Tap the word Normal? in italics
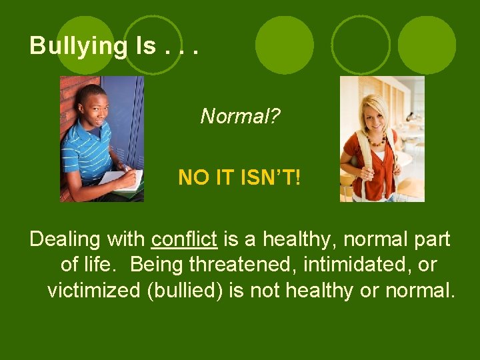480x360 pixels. click(x=240, y=117)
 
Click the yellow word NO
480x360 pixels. click(x=193, y=177)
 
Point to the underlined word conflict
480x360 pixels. click(x=185, y=239)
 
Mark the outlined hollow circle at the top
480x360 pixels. click(x=361, y=45)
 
